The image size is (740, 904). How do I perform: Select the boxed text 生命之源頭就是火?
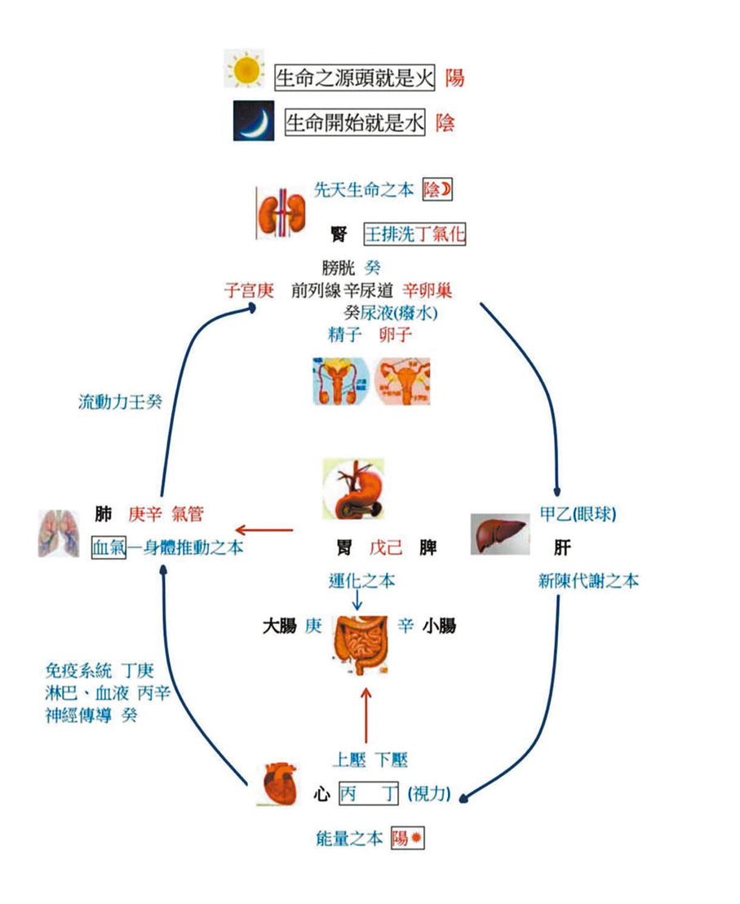pos(356,78)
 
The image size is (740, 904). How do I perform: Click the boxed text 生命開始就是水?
pos(355,123)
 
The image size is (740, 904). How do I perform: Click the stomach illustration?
pos(354,490)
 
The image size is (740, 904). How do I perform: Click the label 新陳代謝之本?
pos(588,581)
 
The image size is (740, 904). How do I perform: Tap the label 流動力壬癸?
pos(120,401)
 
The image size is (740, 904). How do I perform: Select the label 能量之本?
pos(349,839)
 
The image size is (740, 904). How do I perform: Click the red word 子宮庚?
pos(250,290)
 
